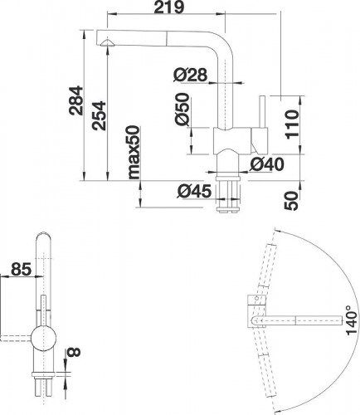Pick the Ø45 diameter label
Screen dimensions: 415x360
(x=192, y=192)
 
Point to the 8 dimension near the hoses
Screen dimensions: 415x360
(x=74, y=354)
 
